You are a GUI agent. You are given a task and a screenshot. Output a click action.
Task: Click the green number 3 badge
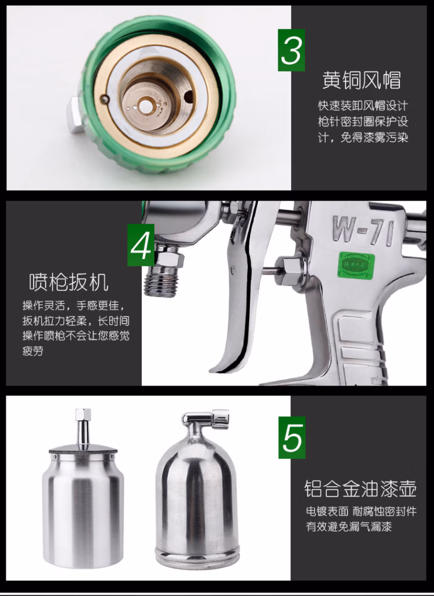(x=292, y=50)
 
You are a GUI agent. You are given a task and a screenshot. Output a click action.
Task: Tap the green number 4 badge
(x=141, y=245)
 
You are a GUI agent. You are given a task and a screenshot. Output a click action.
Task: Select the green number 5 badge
(x=292, y=437)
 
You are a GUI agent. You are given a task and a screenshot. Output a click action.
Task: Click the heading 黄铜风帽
(x=361, y=80)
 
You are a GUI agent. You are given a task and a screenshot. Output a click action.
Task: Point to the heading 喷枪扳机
(x=69, y=282)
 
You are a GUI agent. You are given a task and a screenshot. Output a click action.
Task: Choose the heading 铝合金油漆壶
(x=360, y=488)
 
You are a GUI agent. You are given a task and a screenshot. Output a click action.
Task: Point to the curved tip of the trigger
(x=214, y=369)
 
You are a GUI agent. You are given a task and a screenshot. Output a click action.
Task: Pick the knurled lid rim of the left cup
(x=83, y=452)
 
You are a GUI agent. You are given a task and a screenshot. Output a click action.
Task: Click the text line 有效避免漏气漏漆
(x=349, y=527)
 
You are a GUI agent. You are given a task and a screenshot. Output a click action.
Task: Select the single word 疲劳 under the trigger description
(x=33, y=351)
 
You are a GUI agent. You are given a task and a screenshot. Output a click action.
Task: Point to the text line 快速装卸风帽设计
(x=363, y=105)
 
